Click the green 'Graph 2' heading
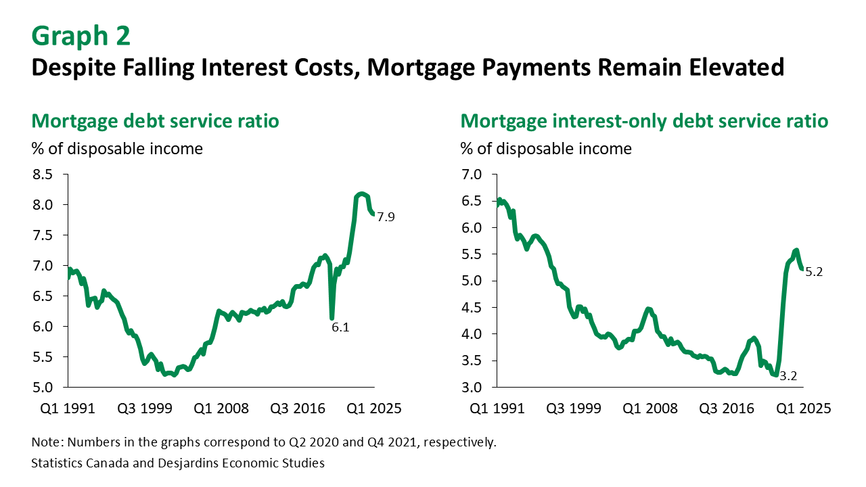point(81,36)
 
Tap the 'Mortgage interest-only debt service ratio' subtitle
point(644,122)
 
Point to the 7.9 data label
point(386,217)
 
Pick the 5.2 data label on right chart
point(815,272)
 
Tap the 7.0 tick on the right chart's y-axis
point(472,175)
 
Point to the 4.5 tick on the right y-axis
point(472,308)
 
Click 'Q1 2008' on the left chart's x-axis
point(223,409)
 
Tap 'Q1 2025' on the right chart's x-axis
point(803,409)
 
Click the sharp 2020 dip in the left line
point(332,317)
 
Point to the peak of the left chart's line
point(362,194)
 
